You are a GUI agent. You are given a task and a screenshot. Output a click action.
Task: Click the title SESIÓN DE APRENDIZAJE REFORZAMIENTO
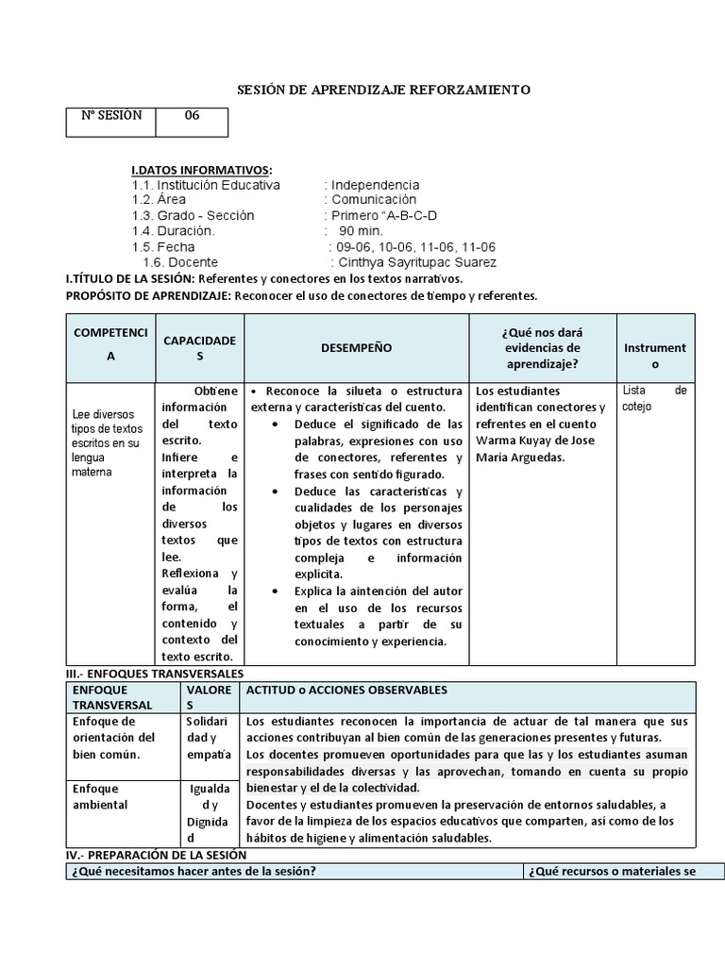tap(382, 90)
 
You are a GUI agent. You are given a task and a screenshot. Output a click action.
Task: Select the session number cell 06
tap(192, 116)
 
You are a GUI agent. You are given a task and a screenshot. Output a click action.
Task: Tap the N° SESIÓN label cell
tap(110, 116)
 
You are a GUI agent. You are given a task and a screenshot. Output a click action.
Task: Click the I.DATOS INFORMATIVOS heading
tap(201, 170)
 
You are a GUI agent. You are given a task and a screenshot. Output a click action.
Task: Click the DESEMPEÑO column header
tap(356, 348)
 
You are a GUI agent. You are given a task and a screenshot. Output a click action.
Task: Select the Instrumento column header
tap(655, 356)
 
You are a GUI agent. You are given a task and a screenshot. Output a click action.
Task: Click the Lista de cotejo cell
tap(654, 398)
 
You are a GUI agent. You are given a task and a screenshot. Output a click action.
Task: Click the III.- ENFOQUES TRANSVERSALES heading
tap(155, 675)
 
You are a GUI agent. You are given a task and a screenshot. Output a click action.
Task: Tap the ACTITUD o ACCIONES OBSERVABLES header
tap(346, 691)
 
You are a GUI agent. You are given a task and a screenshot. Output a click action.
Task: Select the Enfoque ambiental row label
tap(100, 796)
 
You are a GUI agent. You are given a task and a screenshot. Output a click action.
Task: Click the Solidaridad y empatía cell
tap(209, 738)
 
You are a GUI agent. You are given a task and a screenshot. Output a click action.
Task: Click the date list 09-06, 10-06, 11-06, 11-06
tap(412, 247)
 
